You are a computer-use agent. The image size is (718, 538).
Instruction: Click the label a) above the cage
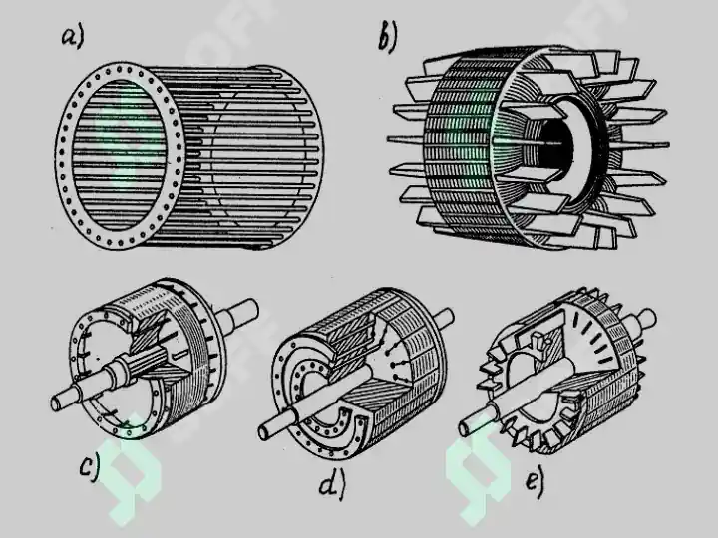click(73, 38)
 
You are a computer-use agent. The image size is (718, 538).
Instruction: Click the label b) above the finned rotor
click(388, 38)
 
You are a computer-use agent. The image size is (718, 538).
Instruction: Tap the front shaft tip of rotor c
click(56, 403)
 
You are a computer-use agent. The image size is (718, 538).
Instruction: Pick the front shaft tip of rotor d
click(264, 431)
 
